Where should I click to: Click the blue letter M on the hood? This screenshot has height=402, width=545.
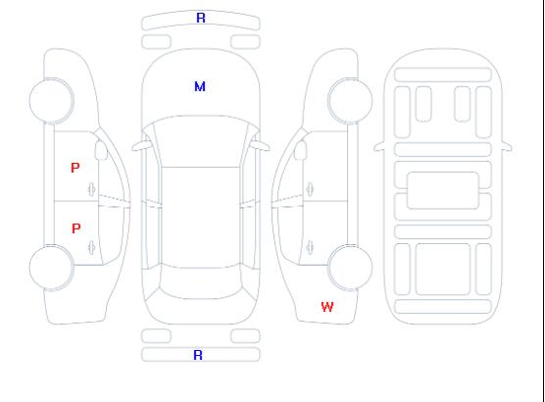[x=200, y=86]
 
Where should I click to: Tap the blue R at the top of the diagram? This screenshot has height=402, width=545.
[x=201, y=18]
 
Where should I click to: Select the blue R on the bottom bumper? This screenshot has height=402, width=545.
[x=198, y=355]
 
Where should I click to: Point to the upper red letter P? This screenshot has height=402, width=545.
[x=75, y=168]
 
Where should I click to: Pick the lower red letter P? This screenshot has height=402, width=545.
[x=75, y=228]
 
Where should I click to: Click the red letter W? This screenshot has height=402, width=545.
[x=327, y=307]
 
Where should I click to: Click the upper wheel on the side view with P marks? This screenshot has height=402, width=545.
[x=51, y=101]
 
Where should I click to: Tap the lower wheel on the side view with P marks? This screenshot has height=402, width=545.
[x=51, y=268]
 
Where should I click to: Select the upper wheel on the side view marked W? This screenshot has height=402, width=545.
[x=350, y=101]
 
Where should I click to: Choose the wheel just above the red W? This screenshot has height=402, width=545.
[x=350, y=268]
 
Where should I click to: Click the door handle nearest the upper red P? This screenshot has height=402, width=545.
[x=92, y=189]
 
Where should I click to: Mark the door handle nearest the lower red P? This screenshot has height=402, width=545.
[x=92, y=247]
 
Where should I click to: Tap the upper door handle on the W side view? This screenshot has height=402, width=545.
[x=310, y=189]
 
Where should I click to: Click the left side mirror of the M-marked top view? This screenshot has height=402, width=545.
[x=141, y=146]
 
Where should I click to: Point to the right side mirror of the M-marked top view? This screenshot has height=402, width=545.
[x=261, y=146]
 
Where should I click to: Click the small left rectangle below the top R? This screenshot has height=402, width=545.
[x=156, y=42]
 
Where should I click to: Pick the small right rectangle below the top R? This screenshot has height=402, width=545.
[x=245, y=42]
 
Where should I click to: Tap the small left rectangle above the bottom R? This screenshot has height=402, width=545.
[x=156, y=336]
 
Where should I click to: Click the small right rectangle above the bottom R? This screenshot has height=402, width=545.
[x=245, y=336]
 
